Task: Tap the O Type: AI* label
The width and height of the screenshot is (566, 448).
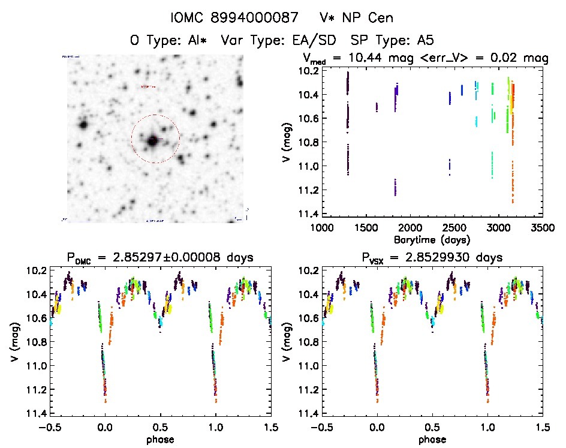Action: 168,41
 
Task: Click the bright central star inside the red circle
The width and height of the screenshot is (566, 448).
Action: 153,140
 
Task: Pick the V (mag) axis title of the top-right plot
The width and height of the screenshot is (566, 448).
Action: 288,142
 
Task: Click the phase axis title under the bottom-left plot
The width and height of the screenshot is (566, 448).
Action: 160,439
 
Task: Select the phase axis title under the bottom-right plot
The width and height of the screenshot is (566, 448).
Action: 432,439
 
